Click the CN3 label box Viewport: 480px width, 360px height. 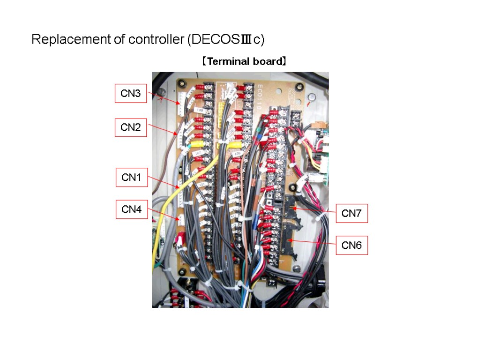131,93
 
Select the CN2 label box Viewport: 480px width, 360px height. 131,127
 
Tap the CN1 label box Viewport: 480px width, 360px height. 132,178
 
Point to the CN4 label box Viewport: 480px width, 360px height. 132,210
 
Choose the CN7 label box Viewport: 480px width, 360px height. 352,214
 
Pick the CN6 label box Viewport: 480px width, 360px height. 352,245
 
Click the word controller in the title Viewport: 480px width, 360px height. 157,40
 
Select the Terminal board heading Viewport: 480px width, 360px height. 244,61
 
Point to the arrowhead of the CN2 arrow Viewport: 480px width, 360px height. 177,135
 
